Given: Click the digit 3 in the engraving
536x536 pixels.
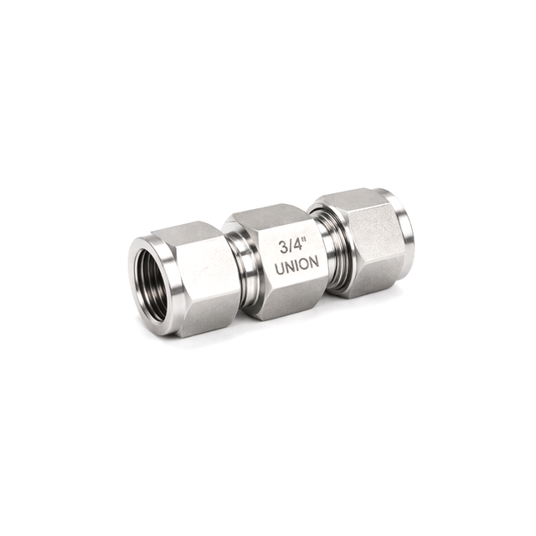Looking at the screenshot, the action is tap(284, 248).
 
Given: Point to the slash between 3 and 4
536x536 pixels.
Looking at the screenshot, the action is tap(291, 247).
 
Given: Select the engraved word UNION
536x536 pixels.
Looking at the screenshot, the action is tap(298, 265).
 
